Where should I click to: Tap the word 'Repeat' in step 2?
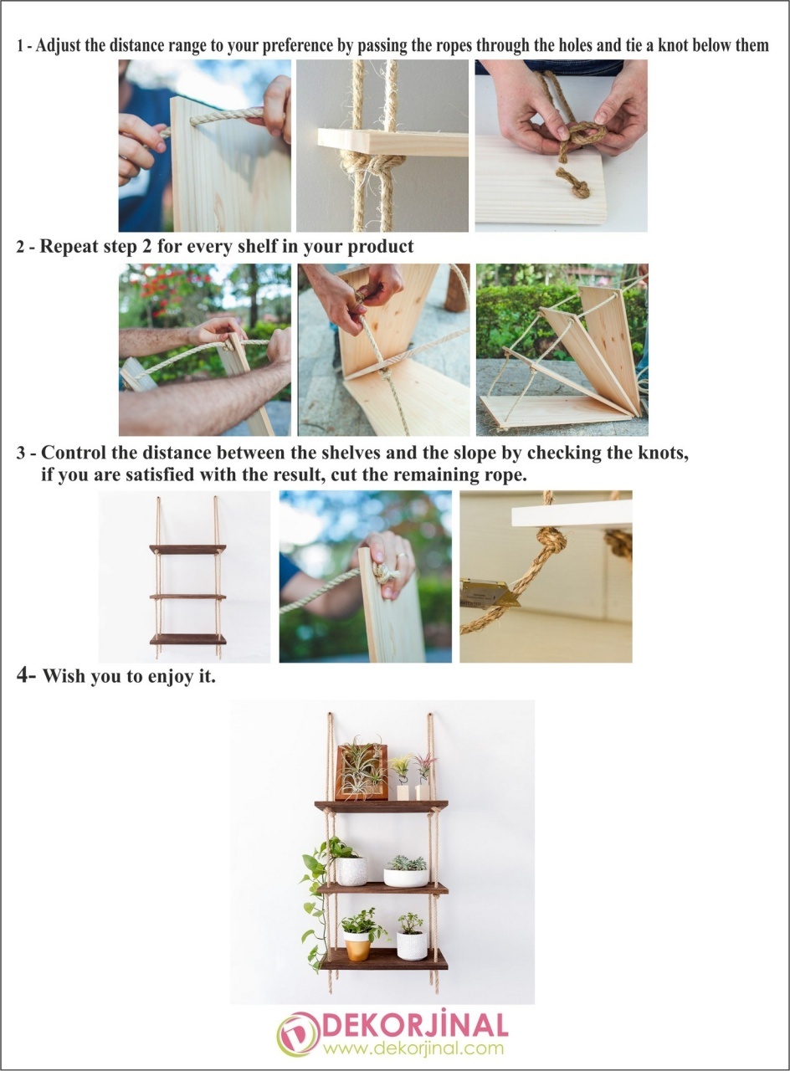[66, 246]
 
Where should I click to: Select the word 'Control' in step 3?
[72, 453]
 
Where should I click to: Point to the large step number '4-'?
[26, 674]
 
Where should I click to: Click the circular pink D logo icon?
[299, 1035]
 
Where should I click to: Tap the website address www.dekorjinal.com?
[413, 1048]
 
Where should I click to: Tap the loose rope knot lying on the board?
[574, 182]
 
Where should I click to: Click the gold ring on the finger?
[400, 556]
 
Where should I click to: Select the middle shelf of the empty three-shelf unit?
[187, 597]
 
